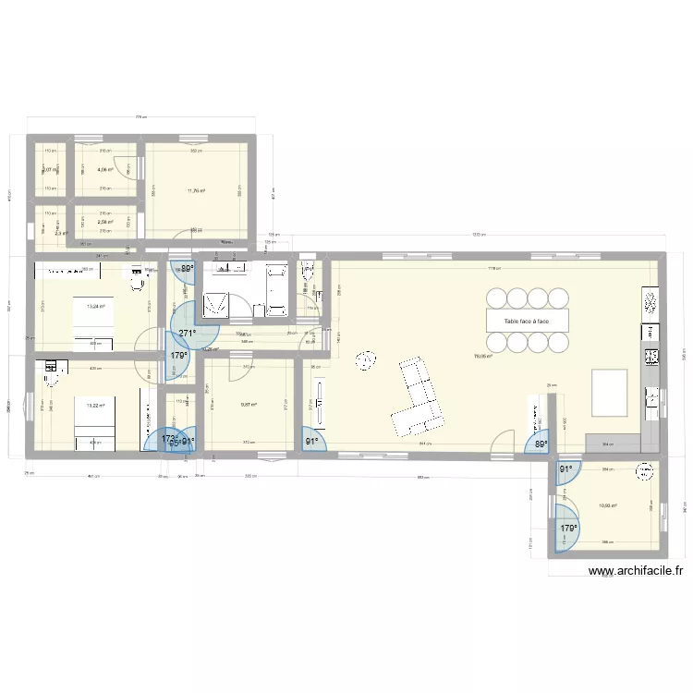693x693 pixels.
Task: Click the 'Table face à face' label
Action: click(x=526, y=322)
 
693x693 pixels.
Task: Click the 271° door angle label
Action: click(x=188, y=334)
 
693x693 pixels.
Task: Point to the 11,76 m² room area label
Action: click(x=196, y=191)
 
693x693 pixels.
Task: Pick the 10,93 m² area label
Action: click(x=607, y=505)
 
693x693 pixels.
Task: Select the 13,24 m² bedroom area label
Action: click(x=95, y=307)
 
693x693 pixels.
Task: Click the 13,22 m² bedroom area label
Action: click(x=94, y=405)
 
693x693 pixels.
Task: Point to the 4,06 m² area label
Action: click(x=105, y=169)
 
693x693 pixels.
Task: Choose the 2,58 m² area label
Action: click(x=105, y=222)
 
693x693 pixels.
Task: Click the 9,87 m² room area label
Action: click(x=248, y=404)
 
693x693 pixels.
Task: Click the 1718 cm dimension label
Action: click(x=494, y=269)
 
